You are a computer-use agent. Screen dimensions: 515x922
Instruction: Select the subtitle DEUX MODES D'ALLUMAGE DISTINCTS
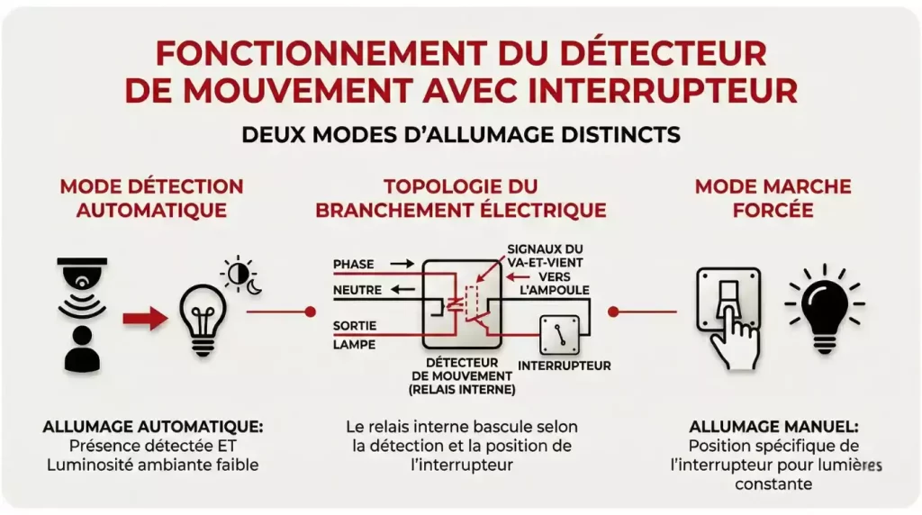click(x=460, y=134)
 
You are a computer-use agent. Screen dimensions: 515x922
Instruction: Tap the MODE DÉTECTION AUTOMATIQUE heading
click(x=151, y=198)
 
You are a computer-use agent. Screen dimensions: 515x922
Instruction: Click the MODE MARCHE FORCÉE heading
click(x=773, y=198)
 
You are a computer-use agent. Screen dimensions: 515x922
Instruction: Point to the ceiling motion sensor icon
click(x=82, y=278)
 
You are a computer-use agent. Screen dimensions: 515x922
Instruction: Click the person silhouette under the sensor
click(x=81, y=351)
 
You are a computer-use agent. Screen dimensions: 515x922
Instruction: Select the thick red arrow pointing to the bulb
click(x=145, y=318)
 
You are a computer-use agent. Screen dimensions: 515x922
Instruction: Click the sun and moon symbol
click(x=242, y=277)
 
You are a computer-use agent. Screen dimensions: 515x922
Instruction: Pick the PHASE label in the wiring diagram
click(x=353, y=264)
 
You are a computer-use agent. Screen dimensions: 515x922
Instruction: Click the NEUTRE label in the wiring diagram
click(x=357, y=291)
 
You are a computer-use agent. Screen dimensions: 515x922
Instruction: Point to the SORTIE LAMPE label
click(x=355, y=334)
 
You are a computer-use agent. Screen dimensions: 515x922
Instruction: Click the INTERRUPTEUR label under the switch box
click(x=565, y=366)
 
